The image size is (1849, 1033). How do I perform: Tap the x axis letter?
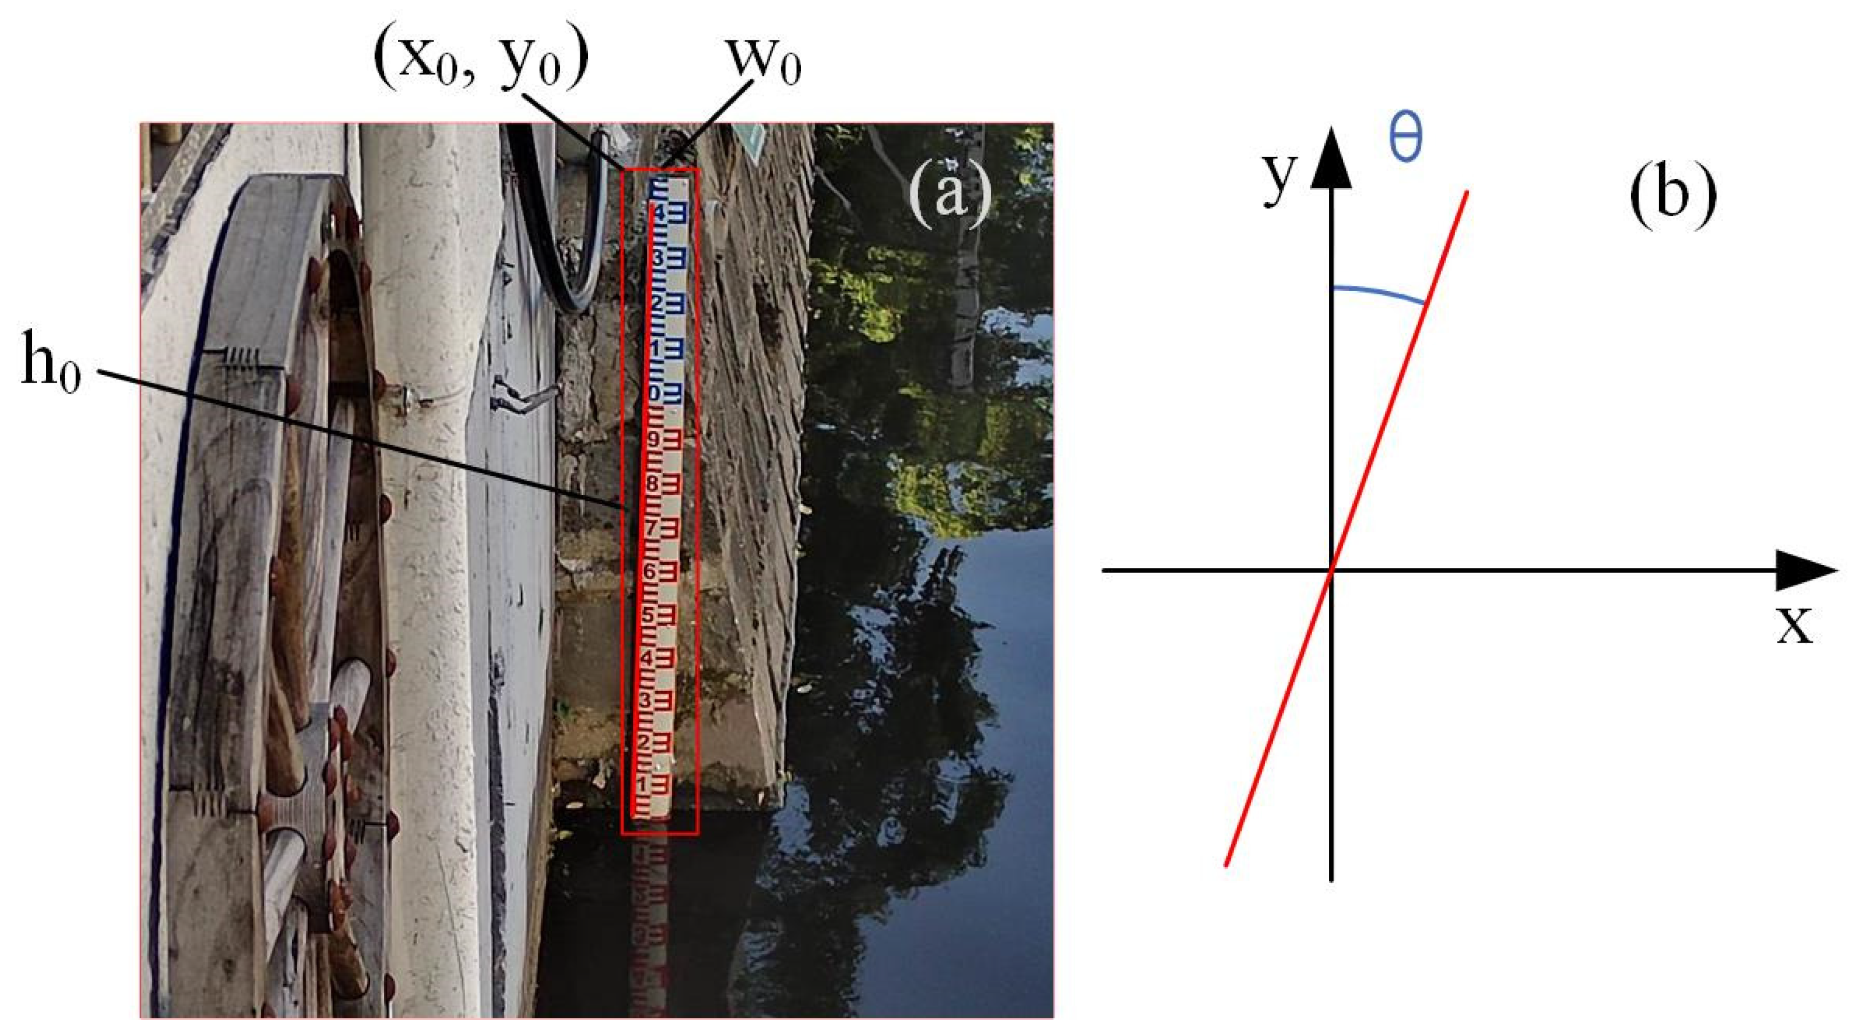click(1795, 623)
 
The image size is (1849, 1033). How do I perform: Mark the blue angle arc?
click(1378, 293)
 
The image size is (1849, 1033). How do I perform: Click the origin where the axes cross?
click(1331, 570)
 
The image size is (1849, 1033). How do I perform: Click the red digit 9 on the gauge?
click(654, 438)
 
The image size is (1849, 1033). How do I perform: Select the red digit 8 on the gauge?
click(652, 483)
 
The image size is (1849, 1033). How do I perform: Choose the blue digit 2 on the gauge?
click(655, 302)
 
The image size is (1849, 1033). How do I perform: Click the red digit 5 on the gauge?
click(648, 615)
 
